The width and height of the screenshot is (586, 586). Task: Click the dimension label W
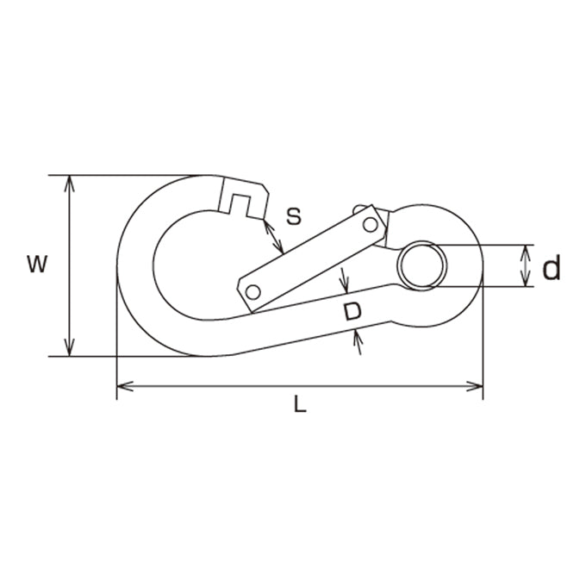37,264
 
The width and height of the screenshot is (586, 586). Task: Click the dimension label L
300,404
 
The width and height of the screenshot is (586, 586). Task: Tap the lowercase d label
552,267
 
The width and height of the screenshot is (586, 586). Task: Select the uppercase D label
352,312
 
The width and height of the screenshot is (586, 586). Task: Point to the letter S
294,216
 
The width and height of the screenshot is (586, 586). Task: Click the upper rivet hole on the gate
371,225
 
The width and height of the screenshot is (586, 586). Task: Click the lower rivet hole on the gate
253,292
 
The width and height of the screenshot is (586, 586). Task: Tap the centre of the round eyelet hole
422,265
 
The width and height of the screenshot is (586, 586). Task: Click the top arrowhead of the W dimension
69,184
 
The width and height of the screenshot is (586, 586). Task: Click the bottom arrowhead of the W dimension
69,347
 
